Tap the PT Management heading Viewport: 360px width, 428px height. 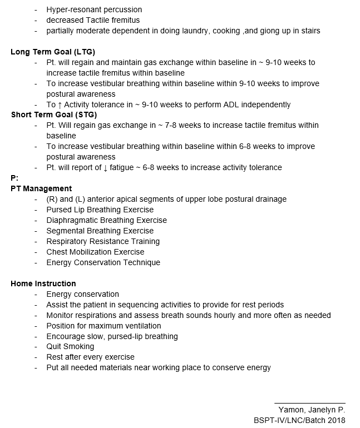click(41, 188)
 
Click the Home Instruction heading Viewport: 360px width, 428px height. click(43, 283)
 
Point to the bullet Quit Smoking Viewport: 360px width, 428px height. click(70, 347)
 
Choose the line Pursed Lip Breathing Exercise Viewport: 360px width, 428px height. click(100, 210)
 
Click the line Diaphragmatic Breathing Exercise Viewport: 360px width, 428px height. click(107, 220)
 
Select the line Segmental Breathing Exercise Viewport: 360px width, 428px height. click(100, 231)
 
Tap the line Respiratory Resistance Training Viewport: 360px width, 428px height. click(103, 241)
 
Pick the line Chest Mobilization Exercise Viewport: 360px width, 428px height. click(95, 252)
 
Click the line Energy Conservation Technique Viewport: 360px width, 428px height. click(103, 262)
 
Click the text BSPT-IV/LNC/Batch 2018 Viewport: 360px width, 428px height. click(299, 420)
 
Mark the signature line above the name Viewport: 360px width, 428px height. click(309, 402)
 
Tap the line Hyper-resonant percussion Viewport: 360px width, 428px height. click(94, 9)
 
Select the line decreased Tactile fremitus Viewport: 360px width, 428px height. click(93, 20)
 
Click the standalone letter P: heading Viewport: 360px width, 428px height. click(14, 178)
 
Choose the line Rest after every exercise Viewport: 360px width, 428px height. click(90, 357)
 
